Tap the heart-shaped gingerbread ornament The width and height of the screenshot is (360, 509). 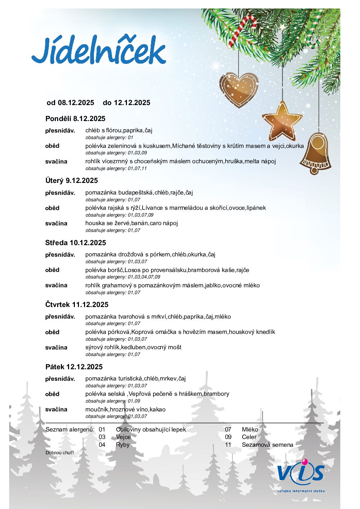pyautogui.click(x=239, y=89)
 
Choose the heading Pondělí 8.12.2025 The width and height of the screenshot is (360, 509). pyautogui.click(x=75, y=119)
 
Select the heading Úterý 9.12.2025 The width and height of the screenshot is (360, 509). pyautogui.click(x=71, y=181)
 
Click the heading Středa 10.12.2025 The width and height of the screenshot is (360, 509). pyautogui.click(x=76, y=243)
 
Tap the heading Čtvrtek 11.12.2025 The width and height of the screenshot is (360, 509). pyautogui.click(x=77, y=305)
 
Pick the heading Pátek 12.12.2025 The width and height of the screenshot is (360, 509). pyautogui.click(x=74, y=367)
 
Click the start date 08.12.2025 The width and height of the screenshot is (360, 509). pyautogui.click(x=76, y=103)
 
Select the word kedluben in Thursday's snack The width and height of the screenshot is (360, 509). pyautogui.click(x=133, y=347)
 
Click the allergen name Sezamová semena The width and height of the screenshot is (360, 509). pyautogui.click(x=267, y=445)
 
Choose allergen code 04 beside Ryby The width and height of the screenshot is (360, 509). pyautogui.click(x=102, y=445)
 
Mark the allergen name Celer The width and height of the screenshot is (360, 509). pyautogui.click(x=249, y=437)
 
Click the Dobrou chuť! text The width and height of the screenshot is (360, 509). pyautogui.click(x=60, y=453)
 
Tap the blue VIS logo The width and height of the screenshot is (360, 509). pyautogui.click(x=300, y=473)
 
